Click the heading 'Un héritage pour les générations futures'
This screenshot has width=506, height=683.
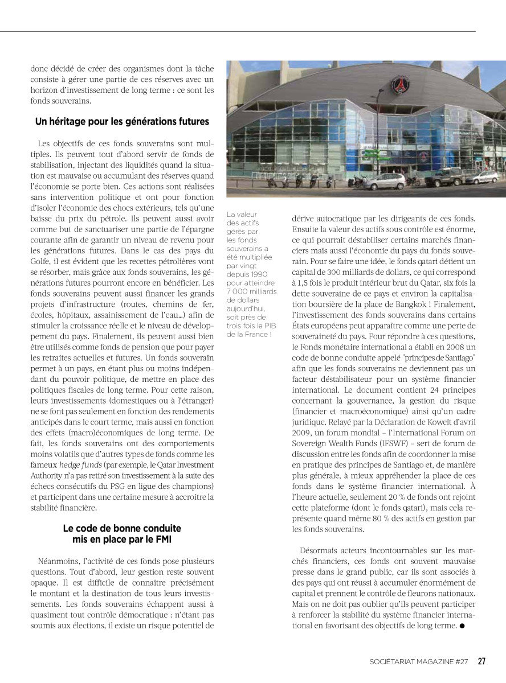coord(122,122)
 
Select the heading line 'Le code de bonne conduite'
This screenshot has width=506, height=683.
coord(122,528)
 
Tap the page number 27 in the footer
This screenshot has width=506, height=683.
coord(481,661)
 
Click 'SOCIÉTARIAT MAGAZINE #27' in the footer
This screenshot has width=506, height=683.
coord(418,661)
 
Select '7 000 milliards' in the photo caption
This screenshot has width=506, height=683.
coord(251,291)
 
